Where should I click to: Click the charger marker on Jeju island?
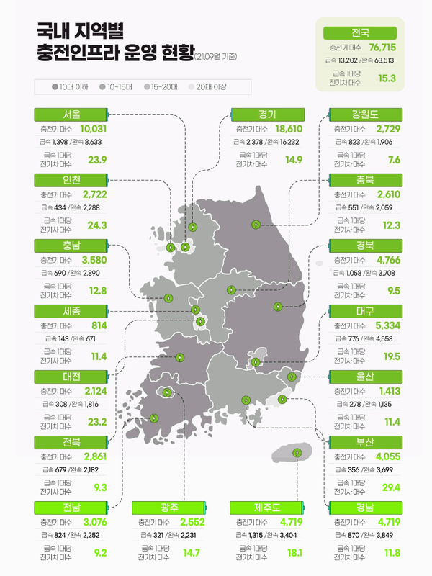click(297, 453)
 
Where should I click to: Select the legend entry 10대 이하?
click(73, 87)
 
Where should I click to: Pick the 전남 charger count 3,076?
click(94, 521)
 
